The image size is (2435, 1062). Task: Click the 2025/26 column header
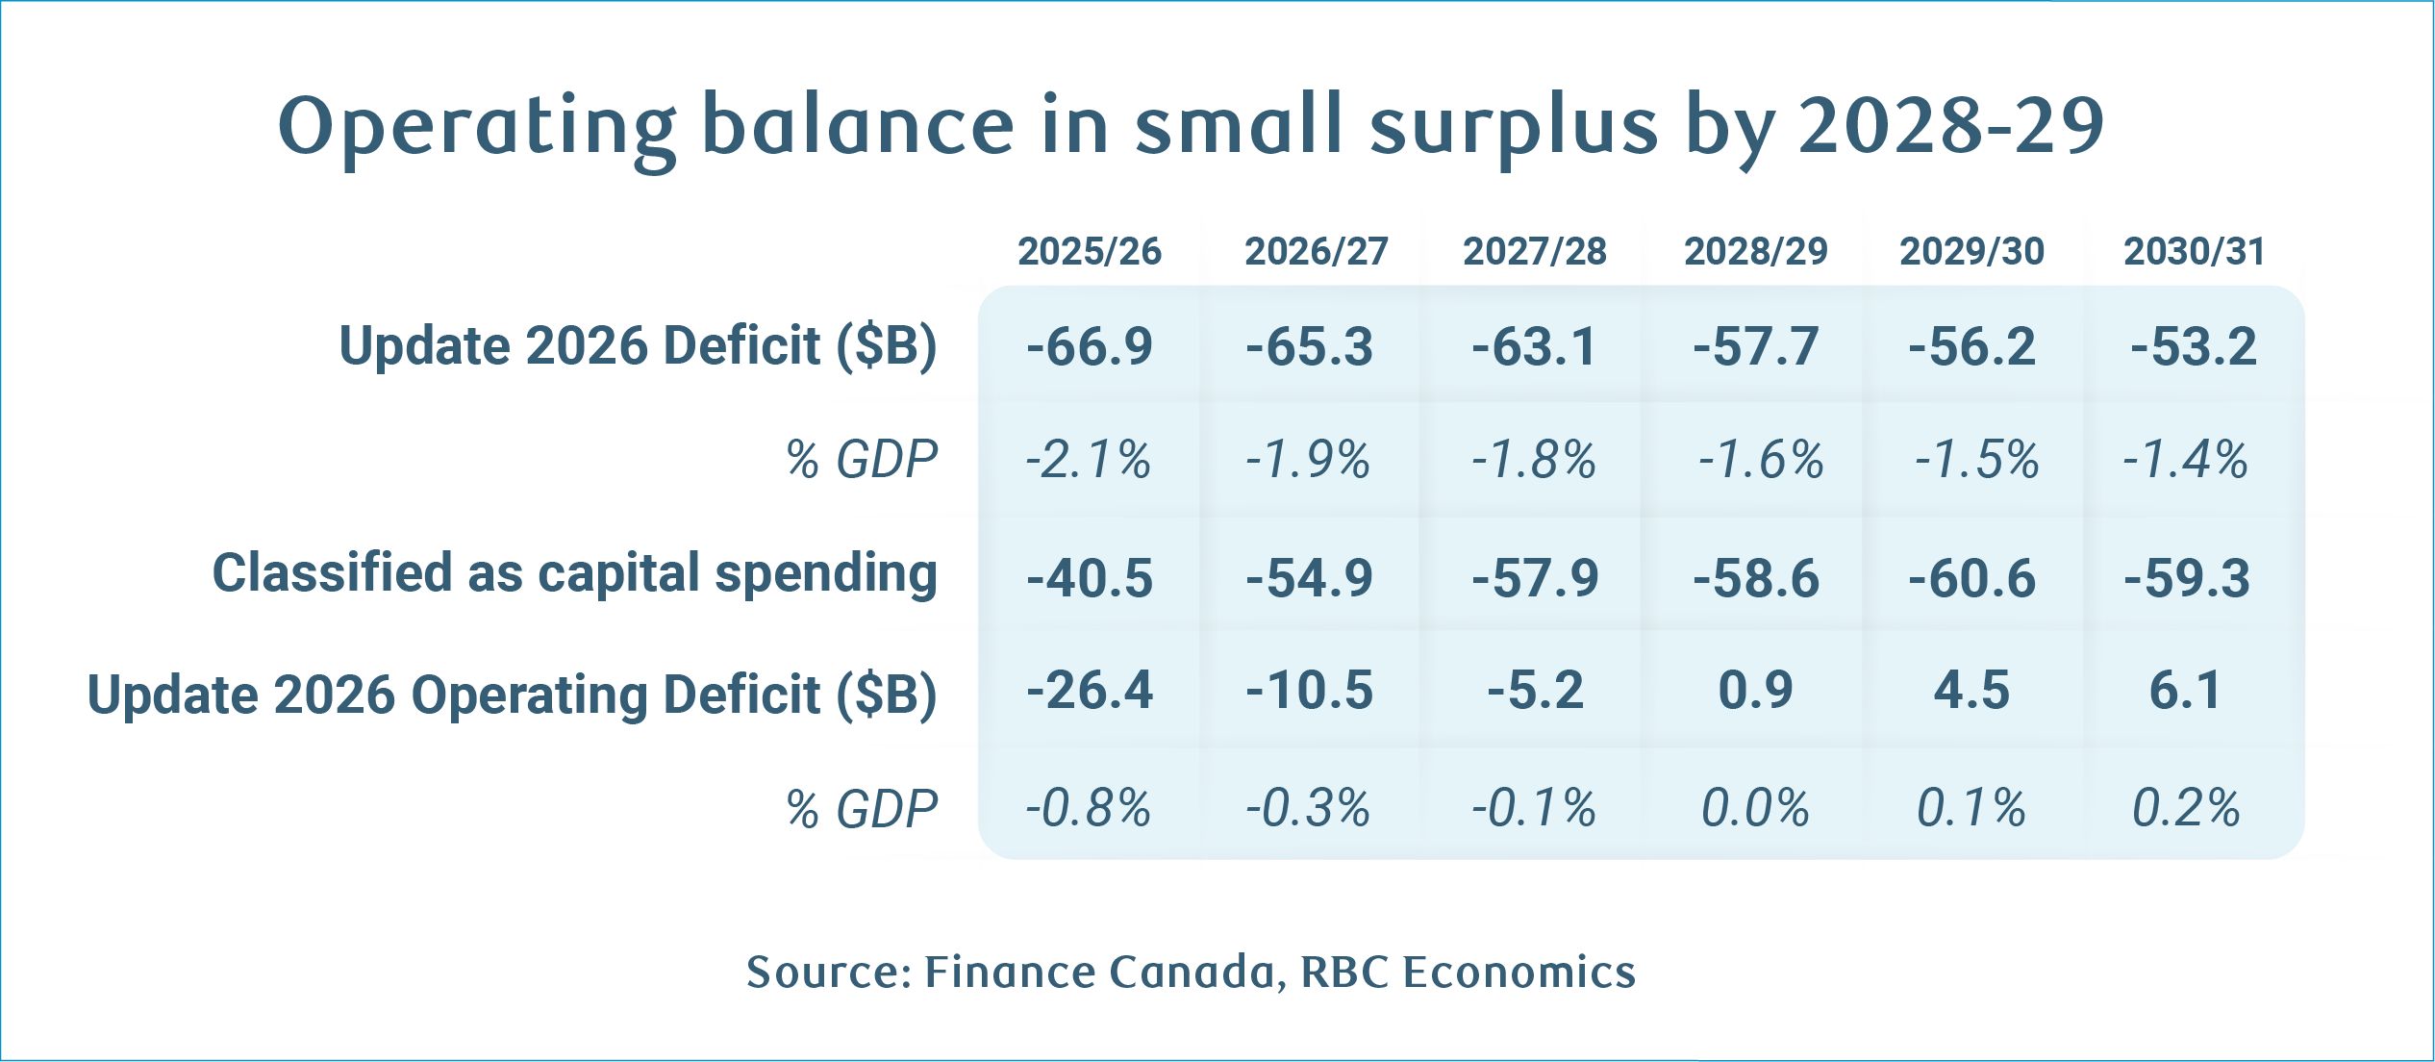pyautogui.click(x=1090, y=252)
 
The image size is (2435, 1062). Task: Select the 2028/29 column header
pyautogui.click(x=1755, y=252)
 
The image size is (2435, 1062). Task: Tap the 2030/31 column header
pyautogui.click(x=2194, y=252)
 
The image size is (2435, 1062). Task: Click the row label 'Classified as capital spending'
pyautogui.click(x=574, y=574)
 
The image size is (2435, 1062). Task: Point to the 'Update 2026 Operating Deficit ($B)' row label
pyautogui.click(x=512, y=695)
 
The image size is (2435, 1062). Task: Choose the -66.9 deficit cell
pyautogui.click(x=1090, y=346)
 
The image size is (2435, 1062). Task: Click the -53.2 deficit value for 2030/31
pyautogui.click(x=2194, y=346)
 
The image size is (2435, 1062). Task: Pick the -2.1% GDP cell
pyautogui.click(x=1088, y=460)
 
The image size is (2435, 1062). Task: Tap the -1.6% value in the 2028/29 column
pyautogui.click(x=1760, y=460)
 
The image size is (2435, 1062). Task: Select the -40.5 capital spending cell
pyautogui.click(x=1090, y=578)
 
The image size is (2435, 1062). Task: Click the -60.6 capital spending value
pyautogui.click(x=1972, y=578)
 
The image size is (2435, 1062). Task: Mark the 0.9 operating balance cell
pyautogui.click(x=1756, y=691)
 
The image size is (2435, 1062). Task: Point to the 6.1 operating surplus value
pyautogui.click(x=2186, y=691)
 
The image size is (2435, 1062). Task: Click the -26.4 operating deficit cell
pyautogui.click(x=1090, y=691)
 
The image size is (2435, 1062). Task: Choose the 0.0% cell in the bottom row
pyautogui.click(x=1755, y=808)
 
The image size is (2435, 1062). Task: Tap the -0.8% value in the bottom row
pyautogui.click(x=1088, y=808)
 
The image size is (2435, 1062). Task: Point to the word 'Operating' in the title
pyautogui.click(x=477, y=128)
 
